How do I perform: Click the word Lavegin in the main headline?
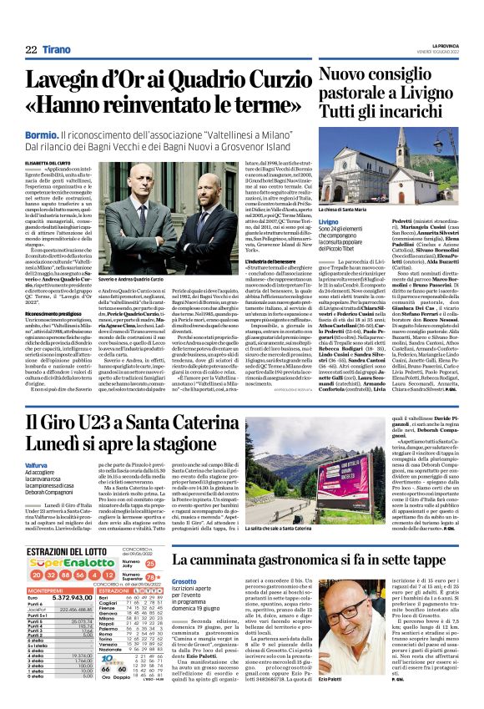coord(66,81)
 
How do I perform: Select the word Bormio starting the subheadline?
coord(41,134)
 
